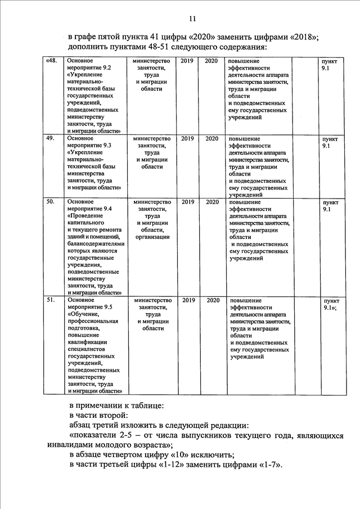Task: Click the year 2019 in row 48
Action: [x=188, y=60]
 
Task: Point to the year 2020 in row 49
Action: [x=212, y=138]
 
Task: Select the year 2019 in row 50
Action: [x=188, y=201]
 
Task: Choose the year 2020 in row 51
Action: [x=212, y=300]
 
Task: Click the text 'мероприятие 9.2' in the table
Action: [x=89, y=67]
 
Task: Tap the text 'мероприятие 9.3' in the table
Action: [x=89, y=145]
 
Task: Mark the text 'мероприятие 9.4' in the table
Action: [x=89, y=209]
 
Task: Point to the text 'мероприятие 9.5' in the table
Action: [x=89, y=307]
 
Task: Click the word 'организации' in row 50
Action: [x=152, y=237]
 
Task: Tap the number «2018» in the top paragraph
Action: [x=304, y=37]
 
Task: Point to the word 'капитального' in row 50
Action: [x=84, y=223]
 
